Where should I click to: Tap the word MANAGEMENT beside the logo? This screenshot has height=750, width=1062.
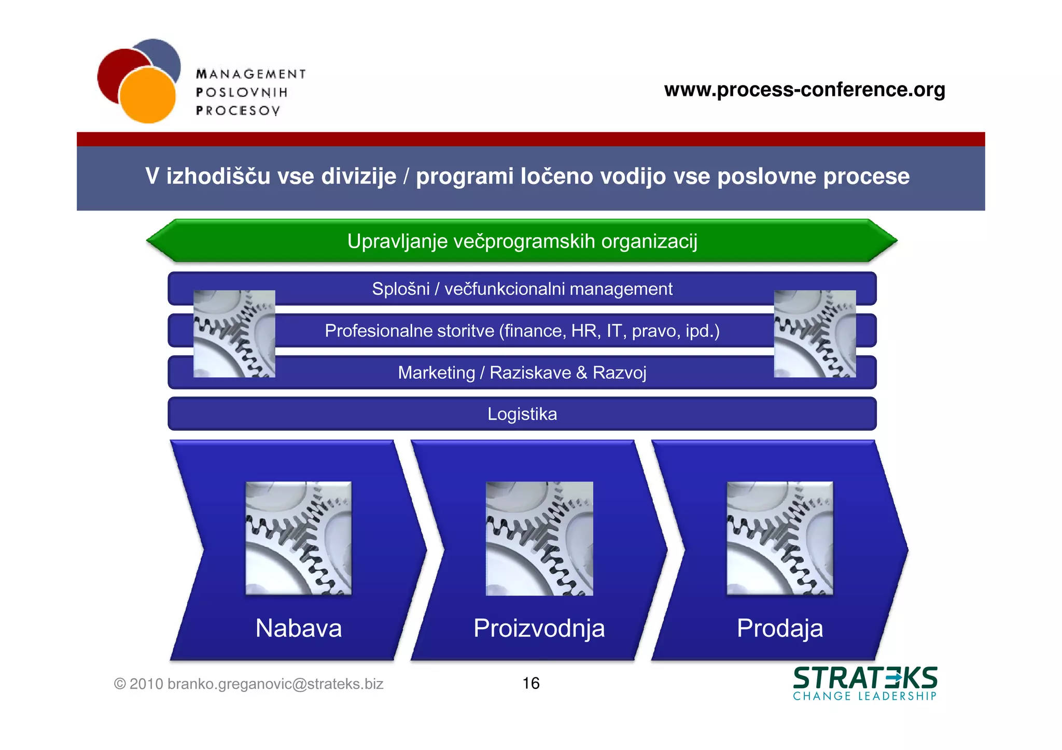tap(251, 74)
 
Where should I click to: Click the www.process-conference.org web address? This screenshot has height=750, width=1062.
tap(804, 90)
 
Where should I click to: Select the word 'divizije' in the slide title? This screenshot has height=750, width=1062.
tap(358, 176)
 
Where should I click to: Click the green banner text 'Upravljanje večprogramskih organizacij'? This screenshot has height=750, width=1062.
tap(522, 241)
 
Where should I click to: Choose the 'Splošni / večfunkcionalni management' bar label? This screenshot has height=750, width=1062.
tap(522, 289)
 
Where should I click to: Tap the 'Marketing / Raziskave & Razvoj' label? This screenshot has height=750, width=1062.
tap(522, 373)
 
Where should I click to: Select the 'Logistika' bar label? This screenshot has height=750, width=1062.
tap(522, 414)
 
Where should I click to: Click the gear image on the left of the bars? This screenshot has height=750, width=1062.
tap(234, 333)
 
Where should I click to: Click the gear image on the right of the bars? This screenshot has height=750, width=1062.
tap(815, 333)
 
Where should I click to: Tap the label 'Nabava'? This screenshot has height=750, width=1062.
tap(299, 628)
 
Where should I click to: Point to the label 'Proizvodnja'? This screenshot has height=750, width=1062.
tap(539, 628)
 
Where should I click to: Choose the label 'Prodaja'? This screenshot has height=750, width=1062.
tap(780, 628)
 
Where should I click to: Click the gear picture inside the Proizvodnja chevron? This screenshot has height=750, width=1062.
tap(539, 538)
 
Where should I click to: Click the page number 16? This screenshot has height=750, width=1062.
tap(531, 683)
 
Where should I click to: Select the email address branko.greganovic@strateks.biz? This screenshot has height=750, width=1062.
tap(275, 684)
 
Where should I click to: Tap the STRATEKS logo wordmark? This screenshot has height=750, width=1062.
tap(865, 678)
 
